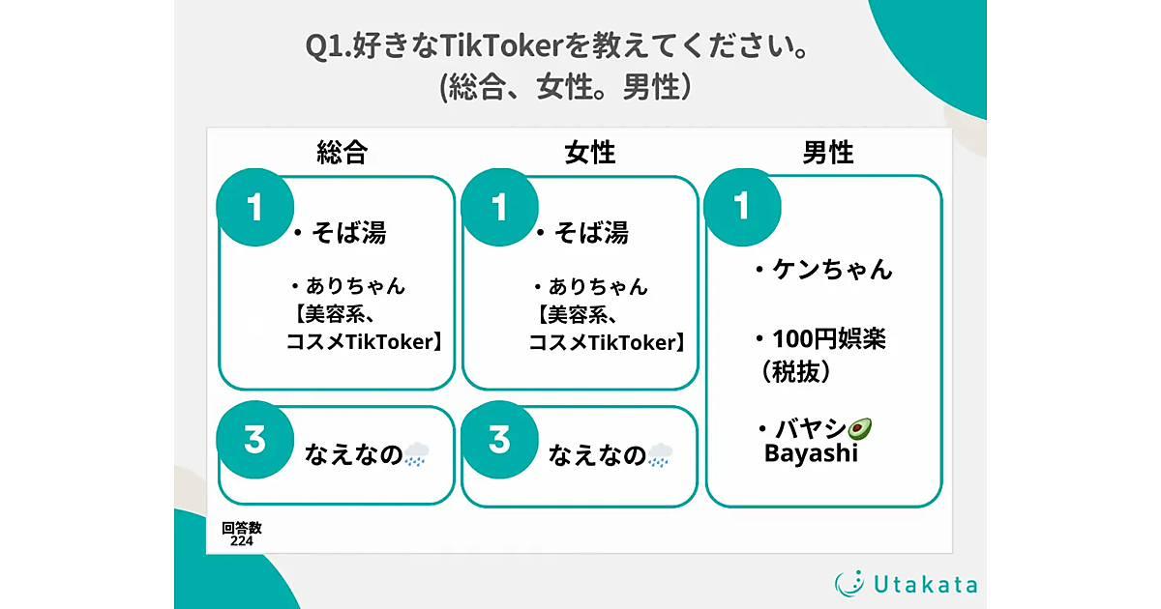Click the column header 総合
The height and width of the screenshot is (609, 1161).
tap(342, 153)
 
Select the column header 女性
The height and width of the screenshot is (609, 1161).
tap(590, 153)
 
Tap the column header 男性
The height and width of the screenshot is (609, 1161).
tap(828, 153)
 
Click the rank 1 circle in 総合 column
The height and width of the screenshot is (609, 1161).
tap(255, 207)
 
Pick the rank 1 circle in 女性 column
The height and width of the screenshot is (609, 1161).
tap(499, 207)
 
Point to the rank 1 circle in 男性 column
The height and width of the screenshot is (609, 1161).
tap(742, 207)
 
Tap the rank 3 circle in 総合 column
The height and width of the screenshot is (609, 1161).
tap(255, 440)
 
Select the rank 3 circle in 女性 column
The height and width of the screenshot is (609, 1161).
tap(499, 440)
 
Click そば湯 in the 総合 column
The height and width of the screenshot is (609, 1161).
tap(348, 233)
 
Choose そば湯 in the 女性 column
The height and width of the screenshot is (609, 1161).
tap(591, 233)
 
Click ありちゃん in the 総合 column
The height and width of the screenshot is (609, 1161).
tap(356, 286)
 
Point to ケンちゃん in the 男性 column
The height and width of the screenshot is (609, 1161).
tap(832, 270)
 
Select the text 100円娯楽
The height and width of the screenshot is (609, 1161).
tap(829, 339)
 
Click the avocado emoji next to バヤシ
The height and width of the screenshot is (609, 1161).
tap(859, 429)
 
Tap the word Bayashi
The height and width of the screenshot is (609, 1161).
tap(811, 453)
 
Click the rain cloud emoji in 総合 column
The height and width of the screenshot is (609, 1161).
tap(416, 454)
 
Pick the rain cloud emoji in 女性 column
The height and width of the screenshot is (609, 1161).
tap(660, 454)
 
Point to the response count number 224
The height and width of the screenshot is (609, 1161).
tap(242, 541)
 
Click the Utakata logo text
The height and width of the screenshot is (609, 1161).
tap(926, 585)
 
